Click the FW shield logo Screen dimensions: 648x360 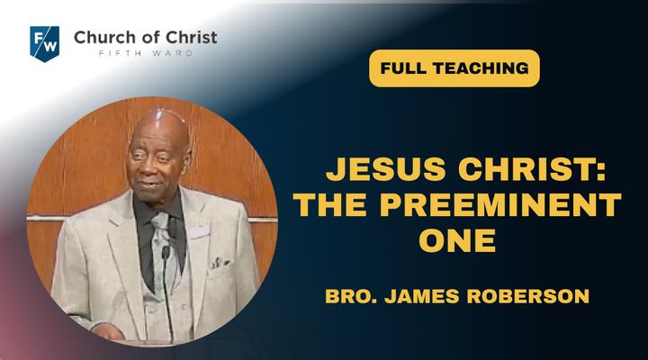pos(45,44)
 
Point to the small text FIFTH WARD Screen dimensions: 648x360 pos(146,53)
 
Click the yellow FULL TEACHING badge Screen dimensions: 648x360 pos(454,68)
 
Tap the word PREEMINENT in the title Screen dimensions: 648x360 pos(500,204)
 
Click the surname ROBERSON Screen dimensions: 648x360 pos(527,296)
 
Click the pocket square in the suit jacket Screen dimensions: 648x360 pos(219,263)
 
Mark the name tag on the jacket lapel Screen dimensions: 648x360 pos(199,232)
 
